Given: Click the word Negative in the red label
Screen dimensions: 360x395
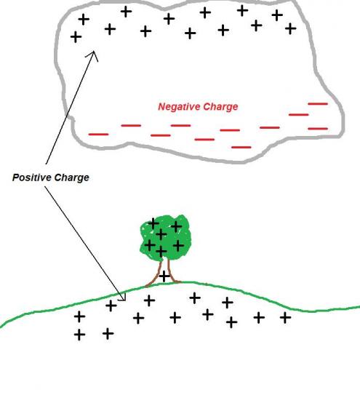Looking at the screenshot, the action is point(179,106).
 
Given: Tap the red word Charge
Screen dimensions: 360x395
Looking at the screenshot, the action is point(220,107).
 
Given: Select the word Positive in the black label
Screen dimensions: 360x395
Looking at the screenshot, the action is point(32,177).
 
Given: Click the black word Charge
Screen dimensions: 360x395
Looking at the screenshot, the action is point(72,178).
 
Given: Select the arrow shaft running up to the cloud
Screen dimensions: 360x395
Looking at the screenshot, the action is point(70,108).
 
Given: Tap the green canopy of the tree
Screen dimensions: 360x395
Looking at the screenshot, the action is point(165,237).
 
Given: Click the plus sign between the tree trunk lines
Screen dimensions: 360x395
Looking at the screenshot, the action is point(164,276).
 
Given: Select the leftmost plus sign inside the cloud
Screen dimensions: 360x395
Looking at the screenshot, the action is point(76,37).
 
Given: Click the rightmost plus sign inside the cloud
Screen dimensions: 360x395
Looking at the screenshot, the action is point(290,28).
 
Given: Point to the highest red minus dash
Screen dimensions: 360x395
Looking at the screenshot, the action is point(318,103).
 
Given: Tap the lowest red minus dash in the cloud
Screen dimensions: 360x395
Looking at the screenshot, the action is point(241,147).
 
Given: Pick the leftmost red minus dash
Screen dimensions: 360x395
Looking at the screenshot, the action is point(98,135).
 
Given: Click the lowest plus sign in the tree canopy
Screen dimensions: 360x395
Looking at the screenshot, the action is point(161,251).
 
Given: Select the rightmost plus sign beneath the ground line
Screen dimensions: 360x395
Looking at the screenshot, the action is point(285,317).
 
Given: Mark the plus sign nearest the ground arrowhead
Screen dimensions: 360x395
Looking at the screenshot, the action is point(111,306).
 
